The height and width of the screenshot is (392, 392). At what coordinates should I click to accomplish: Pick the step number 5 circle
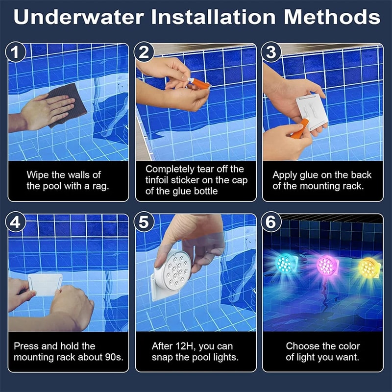(x=144, y=222)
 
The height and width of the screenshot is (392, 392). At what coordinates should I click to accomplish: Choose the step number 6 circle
(x=271, y=222)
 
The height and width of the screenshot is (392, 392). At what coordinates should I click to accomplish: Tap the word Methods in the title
(x=332, y=18)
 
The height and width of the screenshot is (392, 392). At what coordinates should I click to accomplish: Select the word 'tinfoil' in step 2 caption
(x=160, y=180)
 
